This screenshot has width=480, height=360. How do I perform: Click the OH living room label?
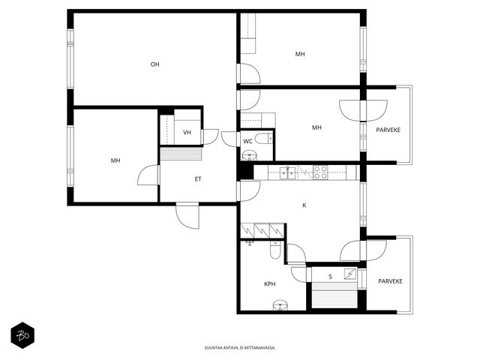[x=155, y=64]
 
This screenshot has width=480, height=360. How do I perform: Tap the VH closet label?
[x=187, y=133]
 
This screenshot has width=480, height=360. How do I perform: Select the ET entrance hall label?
[x=198, y=179]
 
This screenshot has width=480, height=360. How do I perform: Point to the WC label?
[x=247, y=142]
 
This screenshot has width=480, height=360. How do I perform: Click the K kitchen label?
[x=304, y=205]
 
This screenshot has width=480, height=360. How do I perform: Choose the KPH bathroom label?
[x=270, y=284]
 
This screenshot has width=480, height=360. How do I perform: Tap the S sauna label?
[x=330, y=277]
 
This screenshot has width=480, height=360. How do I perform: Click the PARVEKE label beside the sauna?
[x=390, y=281]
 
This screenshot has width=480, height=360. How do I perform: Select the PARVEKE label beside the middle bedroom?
[x=388, y=130]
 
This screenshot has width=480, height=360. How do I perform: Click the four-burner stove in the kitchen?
[x=320, y=172]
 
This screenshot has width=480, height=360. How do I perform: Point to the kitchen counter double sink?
[x=288, y=172]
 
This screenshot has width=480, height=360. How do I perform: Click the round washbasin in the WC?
[x=250, y=156]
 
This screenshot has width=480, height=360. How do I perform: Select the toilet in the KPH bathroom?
[x=275, y=250]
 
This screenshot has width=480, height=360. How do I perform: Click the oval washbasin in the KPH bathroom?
[x=280, y=305]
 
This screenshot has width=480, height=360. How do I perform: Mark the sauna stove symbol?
[x=350, y=274]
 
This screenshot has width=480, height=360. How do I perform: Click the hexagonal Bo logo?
[x=22, y=335]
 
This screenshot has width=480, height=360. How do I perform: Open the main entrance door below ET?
[x=187, y=216]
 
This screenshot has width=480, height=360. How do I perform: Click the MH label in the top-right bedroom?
[x=300, y=54]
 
